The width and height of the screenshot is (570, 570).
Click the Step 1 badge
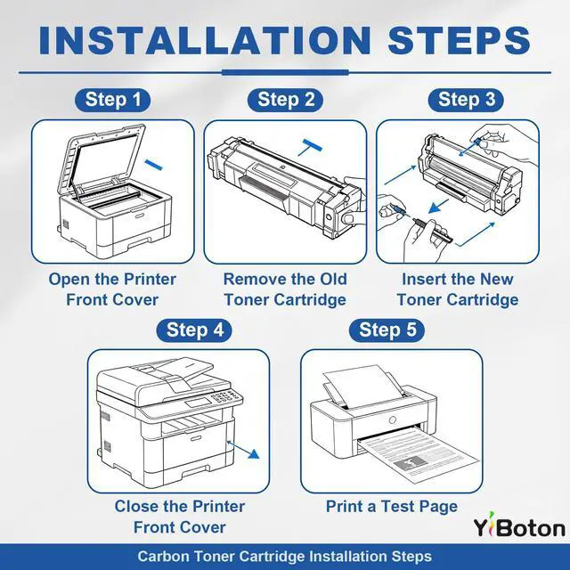[x=113, y=100]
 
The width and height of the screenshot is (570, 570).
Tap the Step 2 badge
[x=285, y=100]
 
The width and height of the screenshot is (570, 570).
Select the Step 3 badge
[x=466, y=100]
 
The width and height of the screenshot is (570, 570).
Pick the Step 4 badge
[x=194, y=330]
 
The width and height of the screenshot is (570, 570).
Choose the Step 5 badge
[x=387, y=330]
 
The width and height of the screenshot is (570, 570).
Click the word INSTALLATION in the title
[x=205, y=40]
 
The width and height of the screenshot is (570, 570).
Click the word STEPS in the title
[x=460, y=40]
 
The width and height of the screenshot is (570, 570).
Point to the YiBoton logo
[x=519, y=525]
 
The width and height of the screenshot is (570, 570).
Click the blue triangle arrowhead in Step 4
[x=254, y=453]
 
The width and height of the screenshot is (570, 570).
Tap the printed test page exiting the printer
[x=418, y=455]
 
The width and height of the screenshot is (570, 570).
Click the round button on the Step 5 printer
[x=392, y=419]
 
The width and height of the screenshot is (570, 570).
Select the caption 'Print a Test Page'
[x=392, y=507]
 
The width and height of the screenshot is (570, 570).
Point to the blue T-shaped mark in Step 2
[x=311, y=146]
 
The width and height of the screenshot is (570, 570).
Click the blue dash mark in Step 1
[x=153, y=164]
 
